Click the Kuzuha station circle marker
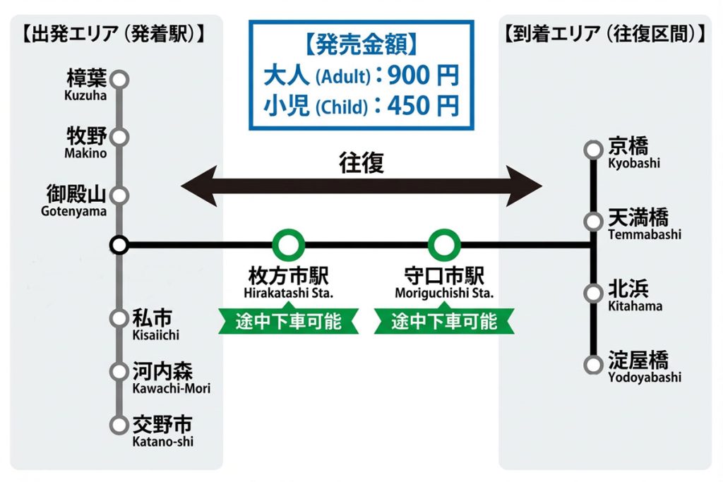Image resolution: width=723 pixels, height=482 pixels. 121,79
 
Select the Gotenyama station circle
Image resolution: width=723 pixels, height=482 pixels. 121,195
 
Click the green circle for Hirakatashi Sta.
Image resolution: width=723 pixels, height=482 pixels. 288,246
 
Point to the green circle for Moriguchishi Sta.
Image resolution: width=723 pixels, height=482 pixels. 444,246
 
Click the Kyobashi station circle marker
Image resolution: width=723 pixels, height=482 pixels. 593,150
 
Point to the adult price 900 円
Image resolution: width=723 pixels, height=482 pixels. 424,74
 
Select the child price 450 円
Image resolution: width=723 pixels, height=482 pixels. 424,106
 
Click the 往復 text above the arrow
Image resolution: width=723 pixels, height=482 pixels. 361,163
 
